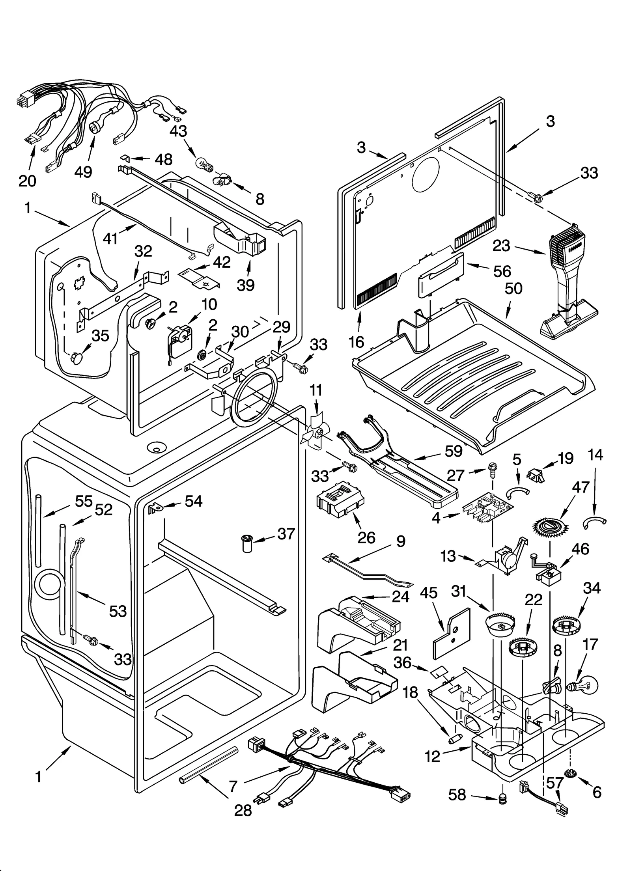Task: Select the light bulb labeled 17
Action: coord(584,686)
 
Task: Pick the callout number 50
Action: coord(513,288)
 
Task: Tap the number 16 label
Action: coord(356,342)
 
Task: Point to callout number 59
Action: coord(453,451)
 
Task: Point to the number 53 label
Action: coord(118,611)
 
